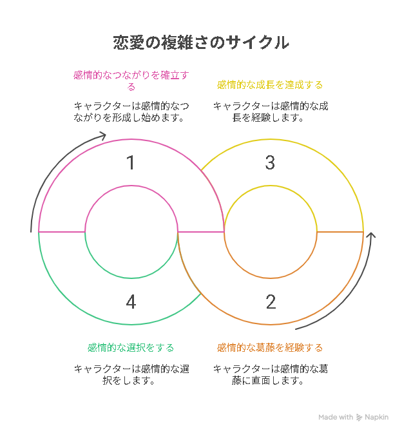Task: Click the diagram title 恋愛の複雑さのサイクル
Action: (201, 43)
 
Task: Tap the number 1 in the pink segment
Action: (131, 162)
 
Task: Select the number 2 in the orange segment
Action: (271, 302)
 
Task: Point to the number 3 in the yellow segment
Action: (270, 162)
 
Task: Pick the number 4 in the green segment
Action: (131, 302)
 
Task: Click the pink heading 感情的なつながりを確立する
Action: (131, 81)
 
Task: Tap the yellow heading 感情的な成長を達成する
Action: (270, 85)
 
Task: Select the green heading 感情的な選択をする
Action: (131, 348)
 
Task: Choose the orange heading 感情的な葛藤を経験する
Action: (270, 348)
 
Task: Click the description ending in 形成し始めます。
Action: (131, 112)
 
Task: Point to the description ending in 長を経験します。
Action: (271, 112)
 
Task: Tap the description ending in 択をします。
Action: (131, 375)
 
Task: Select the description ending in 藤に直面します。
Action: (271, 375)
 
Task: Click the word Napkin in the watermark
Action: (377, 417)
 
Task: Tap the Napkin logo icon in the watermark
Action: (359, 418)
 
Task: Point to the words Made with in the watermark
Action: (336, 417)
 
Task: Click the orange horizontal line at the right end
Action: (340, 232)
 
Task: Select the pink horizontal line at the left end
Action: (62, 232)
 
